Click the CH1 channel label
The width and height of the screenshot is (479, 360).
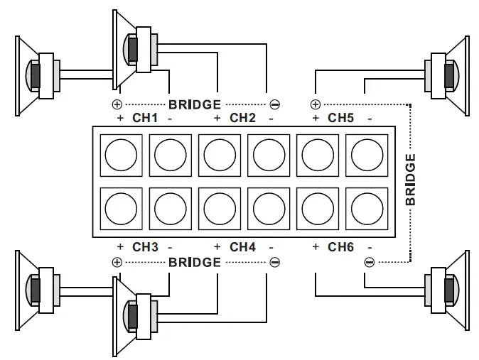click(145, 118)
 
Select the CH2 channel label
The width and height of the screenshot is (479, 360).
click(243, 118)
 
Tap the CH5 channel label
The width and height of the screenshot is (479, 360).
click(341, 118)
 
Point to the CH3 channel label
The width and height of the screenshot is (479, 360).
click(145, 247)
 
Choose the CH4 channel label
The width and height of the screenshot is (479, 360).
click(243, 247)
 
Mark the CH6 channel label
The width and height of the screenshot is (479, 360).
click(341, 247)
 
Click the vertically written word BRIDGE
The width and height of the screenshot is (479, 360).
click(411, 180)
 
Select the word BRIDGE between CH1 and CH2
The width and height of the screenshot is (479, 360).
click(194, 104)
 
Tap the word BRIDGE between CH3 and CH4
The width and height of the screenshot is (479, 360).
click(194, 262)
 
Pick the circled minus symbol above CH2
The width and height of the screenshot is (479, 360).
click(275, 104)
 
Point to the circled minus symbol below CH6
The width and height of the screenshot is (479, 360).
click(369, 262)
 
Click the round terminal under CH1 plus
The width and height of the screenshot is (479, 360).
click(120, 153)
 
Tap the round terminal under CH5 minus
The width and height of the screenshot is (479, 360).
click(366, 153)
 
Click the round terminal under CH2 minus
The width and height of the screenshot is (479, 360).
click(268, 153)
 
